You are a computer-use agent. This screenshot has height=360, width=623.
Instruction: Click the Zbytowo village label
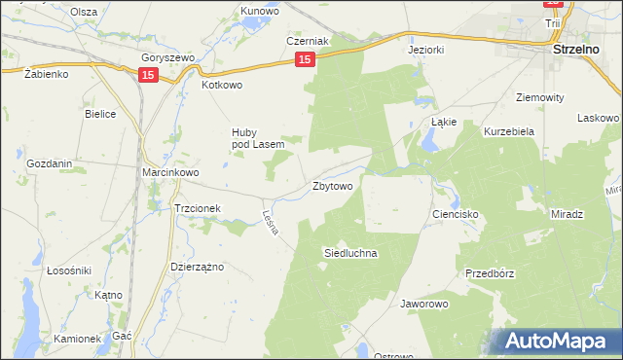333,185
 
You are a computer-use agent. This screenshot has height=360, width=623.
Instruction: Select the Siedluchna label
349,252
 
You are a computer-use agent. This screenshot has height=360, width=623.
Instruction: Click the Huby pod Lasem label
257,138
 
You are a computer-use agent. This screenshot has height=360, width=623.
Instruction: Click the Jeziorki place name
426,49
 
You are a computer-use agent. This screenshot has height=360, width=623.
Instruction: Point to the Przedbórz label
490,273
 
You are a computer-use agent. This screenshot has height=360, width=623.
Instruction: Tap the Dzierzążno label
198,266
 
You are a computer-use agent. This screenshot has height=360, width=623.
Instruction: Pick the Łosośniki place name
69,270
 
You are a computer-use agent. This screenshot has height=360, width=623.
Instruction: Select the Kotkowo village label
221,85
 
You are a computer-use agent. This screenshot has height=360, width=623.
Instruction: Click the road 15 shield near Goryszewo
147,75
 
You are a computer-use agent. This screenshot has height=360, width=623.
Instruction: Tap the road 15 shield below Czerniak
305,60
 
